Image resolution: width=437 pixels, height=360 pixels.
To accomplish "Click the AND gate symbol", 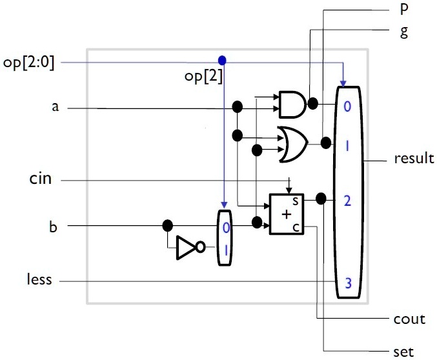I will (292, 104).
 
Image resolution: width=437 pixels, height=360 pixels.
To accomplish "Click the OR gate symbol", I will (291, 143).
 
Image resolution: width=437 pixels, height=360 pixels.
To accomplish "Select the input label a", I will (55, 107).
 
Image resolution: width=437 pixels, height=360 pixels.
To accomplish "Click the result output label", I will (414, 158).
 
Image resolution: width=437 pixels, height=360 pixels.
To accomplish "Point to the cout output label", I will (409, 319).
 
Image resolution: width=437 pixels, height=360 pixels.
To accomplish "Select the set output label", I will (404, 352).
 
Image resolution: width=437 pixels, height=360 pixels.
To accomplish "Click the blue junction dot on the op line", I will (223, 60).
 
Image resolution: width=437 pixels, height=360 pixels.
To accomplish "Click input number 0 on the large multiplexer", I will (347, 107).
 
